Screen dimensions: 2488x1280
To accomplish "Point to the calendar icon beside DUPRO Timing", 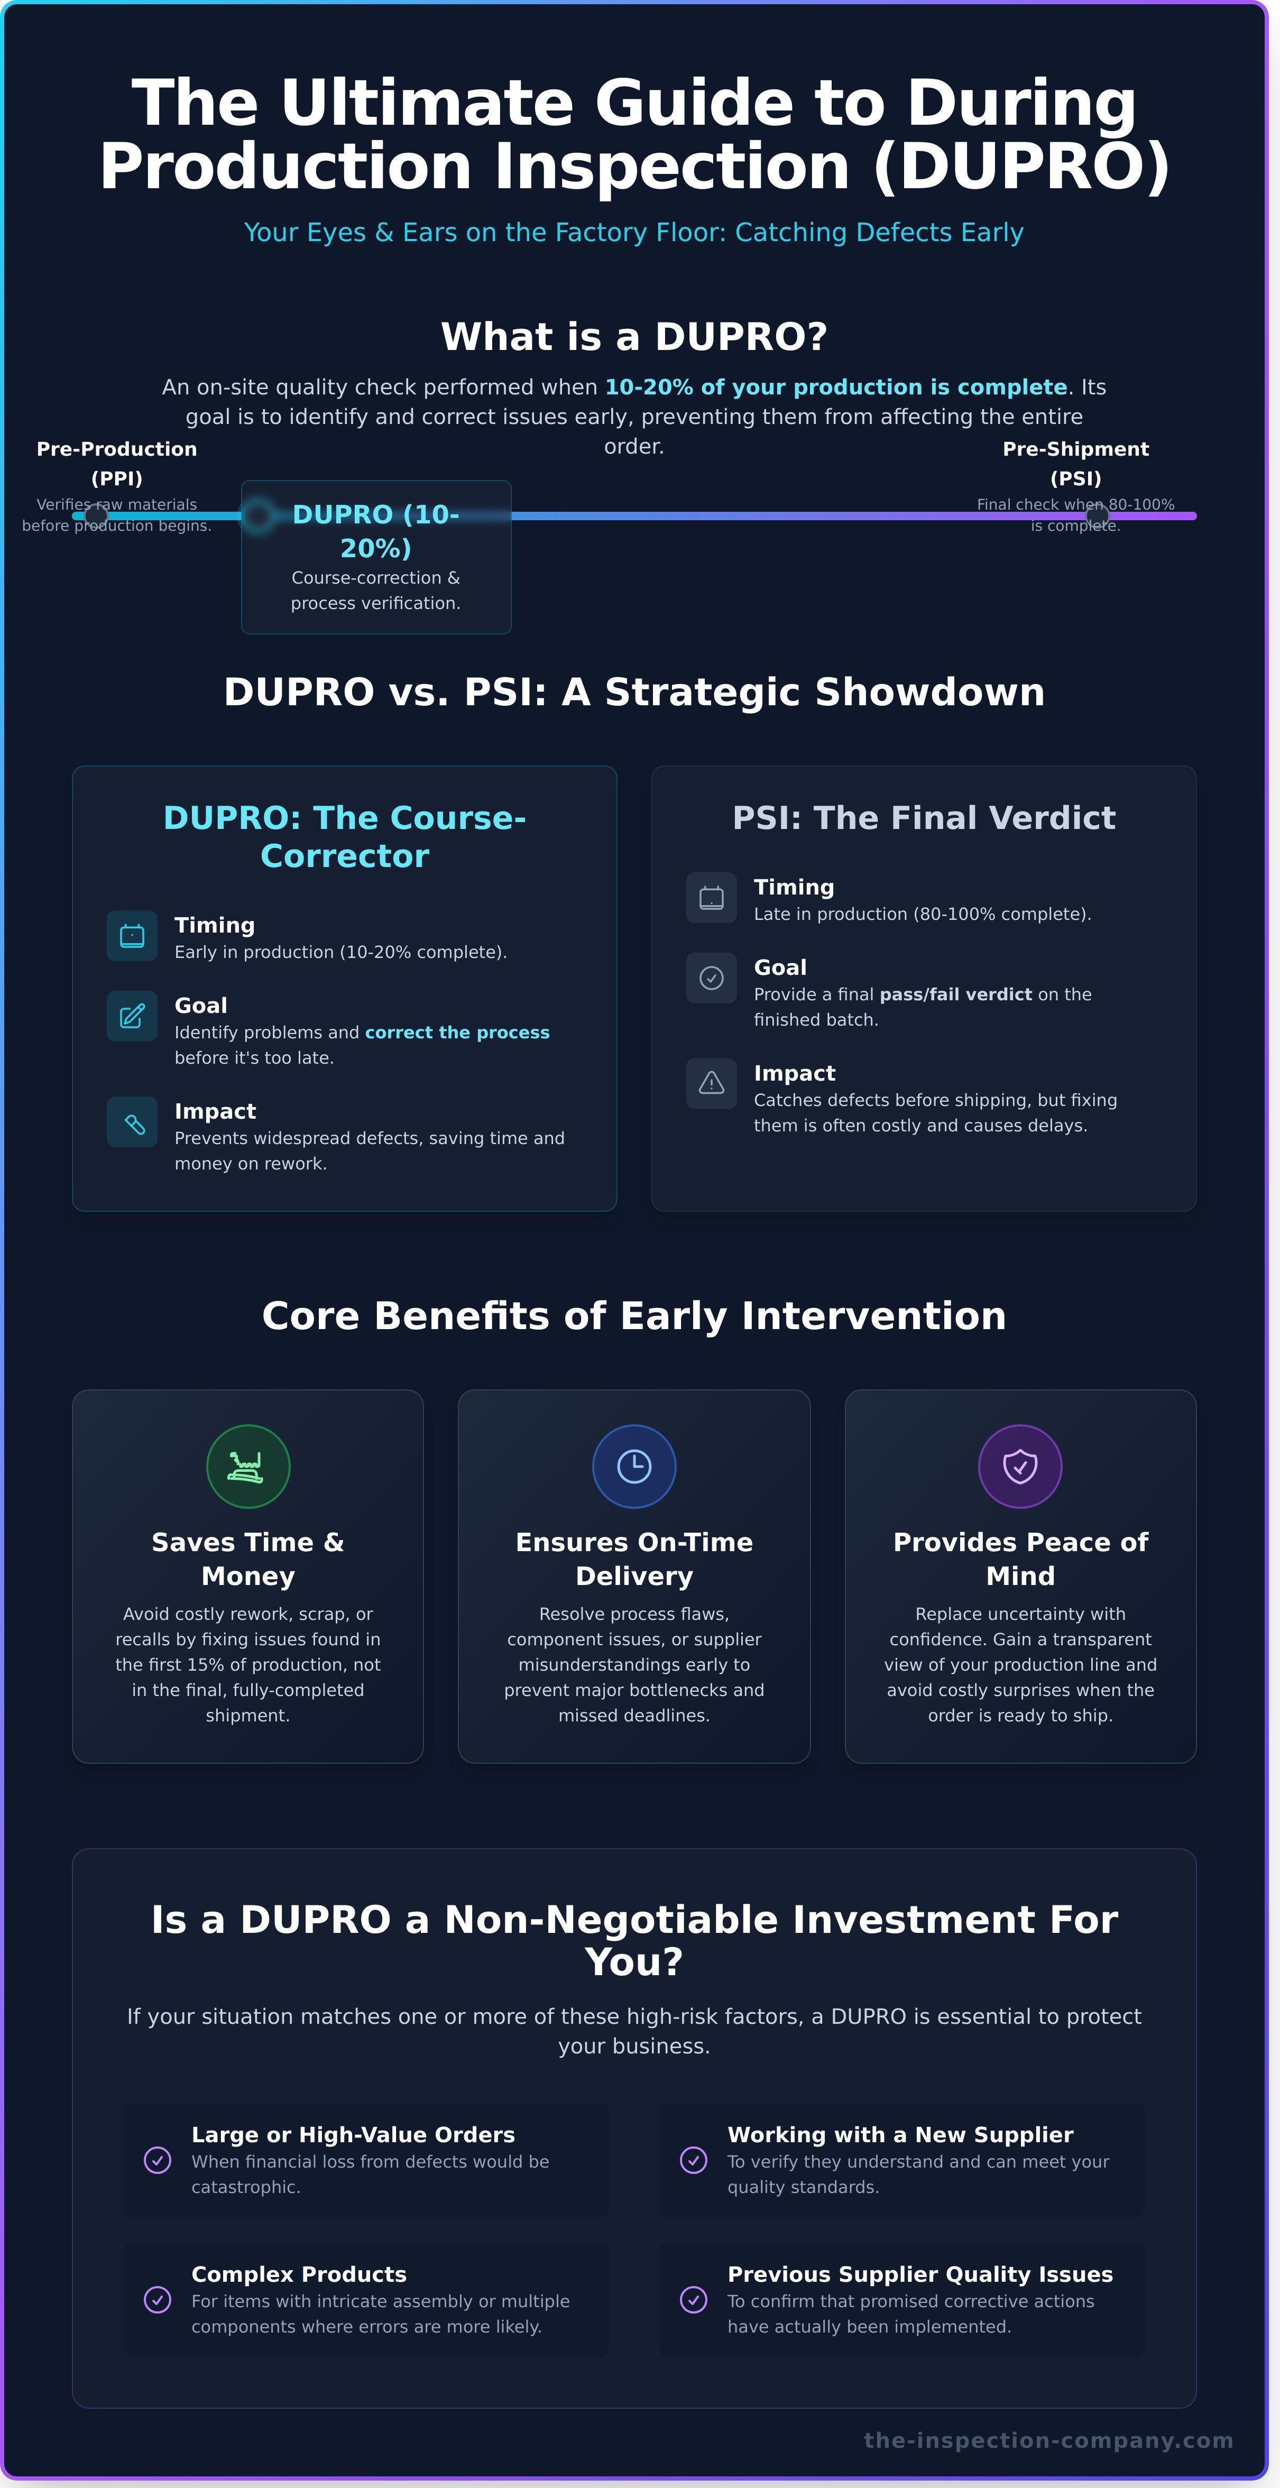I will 132,935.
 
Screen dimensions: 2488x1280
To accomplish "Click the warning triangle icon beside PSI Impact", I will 711,1083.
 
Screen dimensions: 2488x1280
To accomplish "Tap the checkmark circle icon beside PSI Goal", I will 711,978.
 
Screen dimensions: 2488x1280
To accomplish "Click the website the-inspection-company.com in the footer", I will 1048,2440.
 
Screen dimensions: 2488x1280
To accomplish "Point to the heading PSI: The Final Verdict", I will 924,817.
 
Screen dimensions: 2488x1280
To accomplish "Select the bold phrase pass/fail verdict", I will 955,994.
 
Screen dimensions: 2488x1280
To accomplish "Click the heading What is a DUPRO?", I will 634,336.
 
